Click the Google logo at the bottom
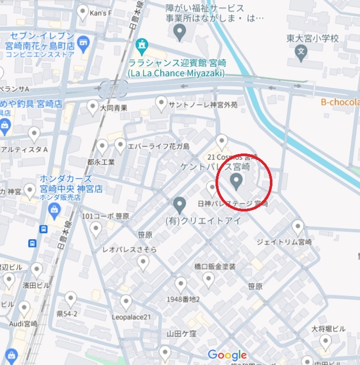227,355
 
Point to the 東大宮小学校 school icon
301,50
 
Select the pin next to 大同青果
93,106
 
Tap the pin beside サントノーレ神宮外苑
161,104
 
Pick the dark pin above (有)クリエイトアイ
179,205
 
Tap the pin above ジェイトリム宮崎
298,227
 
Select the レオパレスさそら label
129,250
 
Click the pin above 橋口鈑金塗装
208,278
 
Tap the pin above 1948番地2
180,284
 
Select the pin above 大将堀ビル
326,342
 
